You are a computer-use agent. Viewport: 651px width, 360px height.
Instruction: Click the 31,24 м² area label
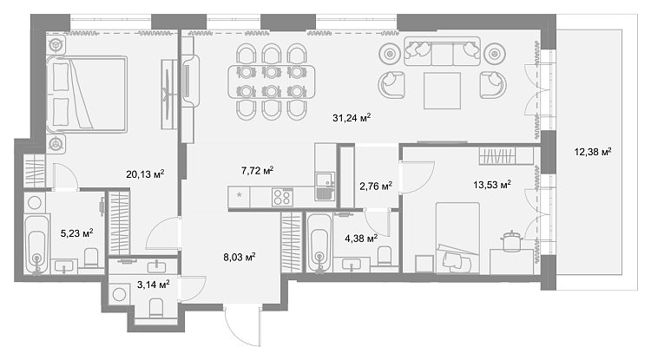[352, 118]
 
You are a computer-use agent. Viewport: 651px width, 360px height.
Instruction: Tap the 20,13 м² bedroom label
[145, 173]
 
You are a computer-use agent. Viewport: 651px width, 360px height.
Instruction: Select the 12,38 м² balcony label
[593, 152]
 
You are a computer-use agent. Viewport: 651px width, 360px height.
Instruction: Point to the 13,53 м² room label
[492, 185]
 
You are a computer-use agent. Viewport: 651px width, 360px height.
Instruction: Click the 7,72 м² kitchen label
[257, 171]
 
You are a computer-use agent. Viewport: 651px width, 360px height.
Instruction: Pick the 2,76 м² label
[376, 187]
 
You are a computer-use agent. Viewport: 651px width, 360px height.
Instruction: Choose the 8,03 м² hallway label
[240, 257]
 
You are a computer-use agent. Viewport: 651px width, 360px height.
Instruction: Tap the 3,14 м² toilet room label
[153, 285]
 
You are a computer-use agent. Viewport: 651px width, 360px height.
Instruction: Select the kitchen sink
[325, 187]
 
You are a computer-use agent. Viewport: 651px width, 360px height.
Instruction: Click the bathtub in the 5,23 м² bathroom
[37, 245]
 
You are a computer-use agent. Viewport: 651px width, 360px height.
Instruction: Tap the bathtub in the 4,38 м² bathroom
[319, 243]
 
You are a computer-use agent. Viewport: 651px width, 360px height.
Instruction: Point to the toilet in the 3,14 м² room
[156, 308]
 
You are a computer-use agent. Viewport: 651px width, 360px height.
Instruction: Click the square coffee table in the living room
[442, 91]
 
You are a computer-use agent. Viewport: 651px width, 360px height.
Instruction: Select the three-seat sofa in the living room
[442, 51]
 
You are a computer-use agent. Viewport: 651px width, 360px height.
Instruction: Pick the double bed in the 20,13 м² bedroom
[86, 95]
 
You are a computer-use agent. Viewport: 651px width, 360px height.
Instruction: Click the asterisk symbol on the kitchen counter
[239, 194]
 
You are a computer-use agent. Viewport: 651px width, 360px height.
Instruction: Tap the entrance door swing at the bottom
[242, 327]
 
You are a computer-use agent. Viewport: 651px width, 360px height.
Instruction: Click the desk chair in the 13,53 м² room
[511, 241]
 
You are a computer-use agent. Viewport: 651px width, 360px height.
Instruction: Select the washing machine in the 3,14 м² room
[120, 294]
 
